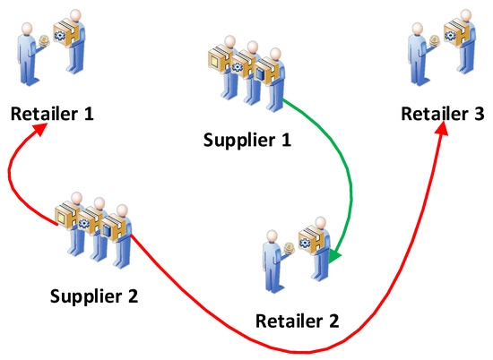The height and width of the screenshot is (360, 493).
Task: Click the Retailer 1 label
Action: coord(52,114)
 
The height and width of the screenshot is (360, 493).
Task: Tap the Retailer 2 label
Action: coord(297,321)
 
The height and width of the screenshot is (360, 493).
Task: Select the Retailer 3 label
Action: coord(443,114)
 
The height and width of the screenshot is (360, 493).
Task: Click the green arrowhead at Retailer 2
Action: coord(333,259)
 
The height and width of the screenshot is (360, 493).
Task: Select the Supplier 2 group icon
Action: coord(93,228)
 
